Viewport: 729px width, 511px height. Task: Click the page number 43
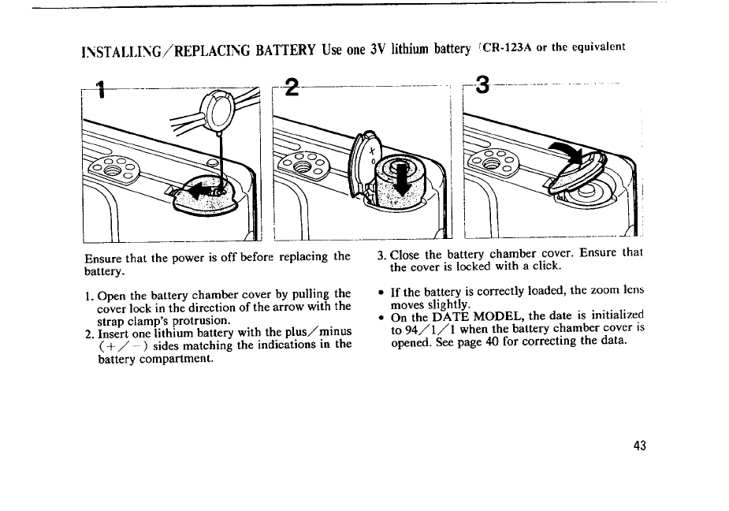pos(639,446)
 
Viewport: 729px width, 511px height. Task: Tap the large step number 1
pos(99,89)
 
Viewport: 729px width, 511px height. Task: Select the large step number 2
pos(292,87)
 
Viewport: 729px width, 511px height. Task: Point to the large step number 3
pos(482,84)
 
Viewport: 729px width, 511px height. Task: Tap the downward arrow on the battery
pos(401,179)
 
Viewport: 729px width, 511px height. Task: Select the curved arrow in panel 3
pos(567,153)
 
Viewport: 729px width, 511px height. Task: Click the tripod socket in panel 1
pos(113,169)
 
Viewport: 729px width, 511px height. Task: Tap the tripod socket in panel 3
pos(491,162)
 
